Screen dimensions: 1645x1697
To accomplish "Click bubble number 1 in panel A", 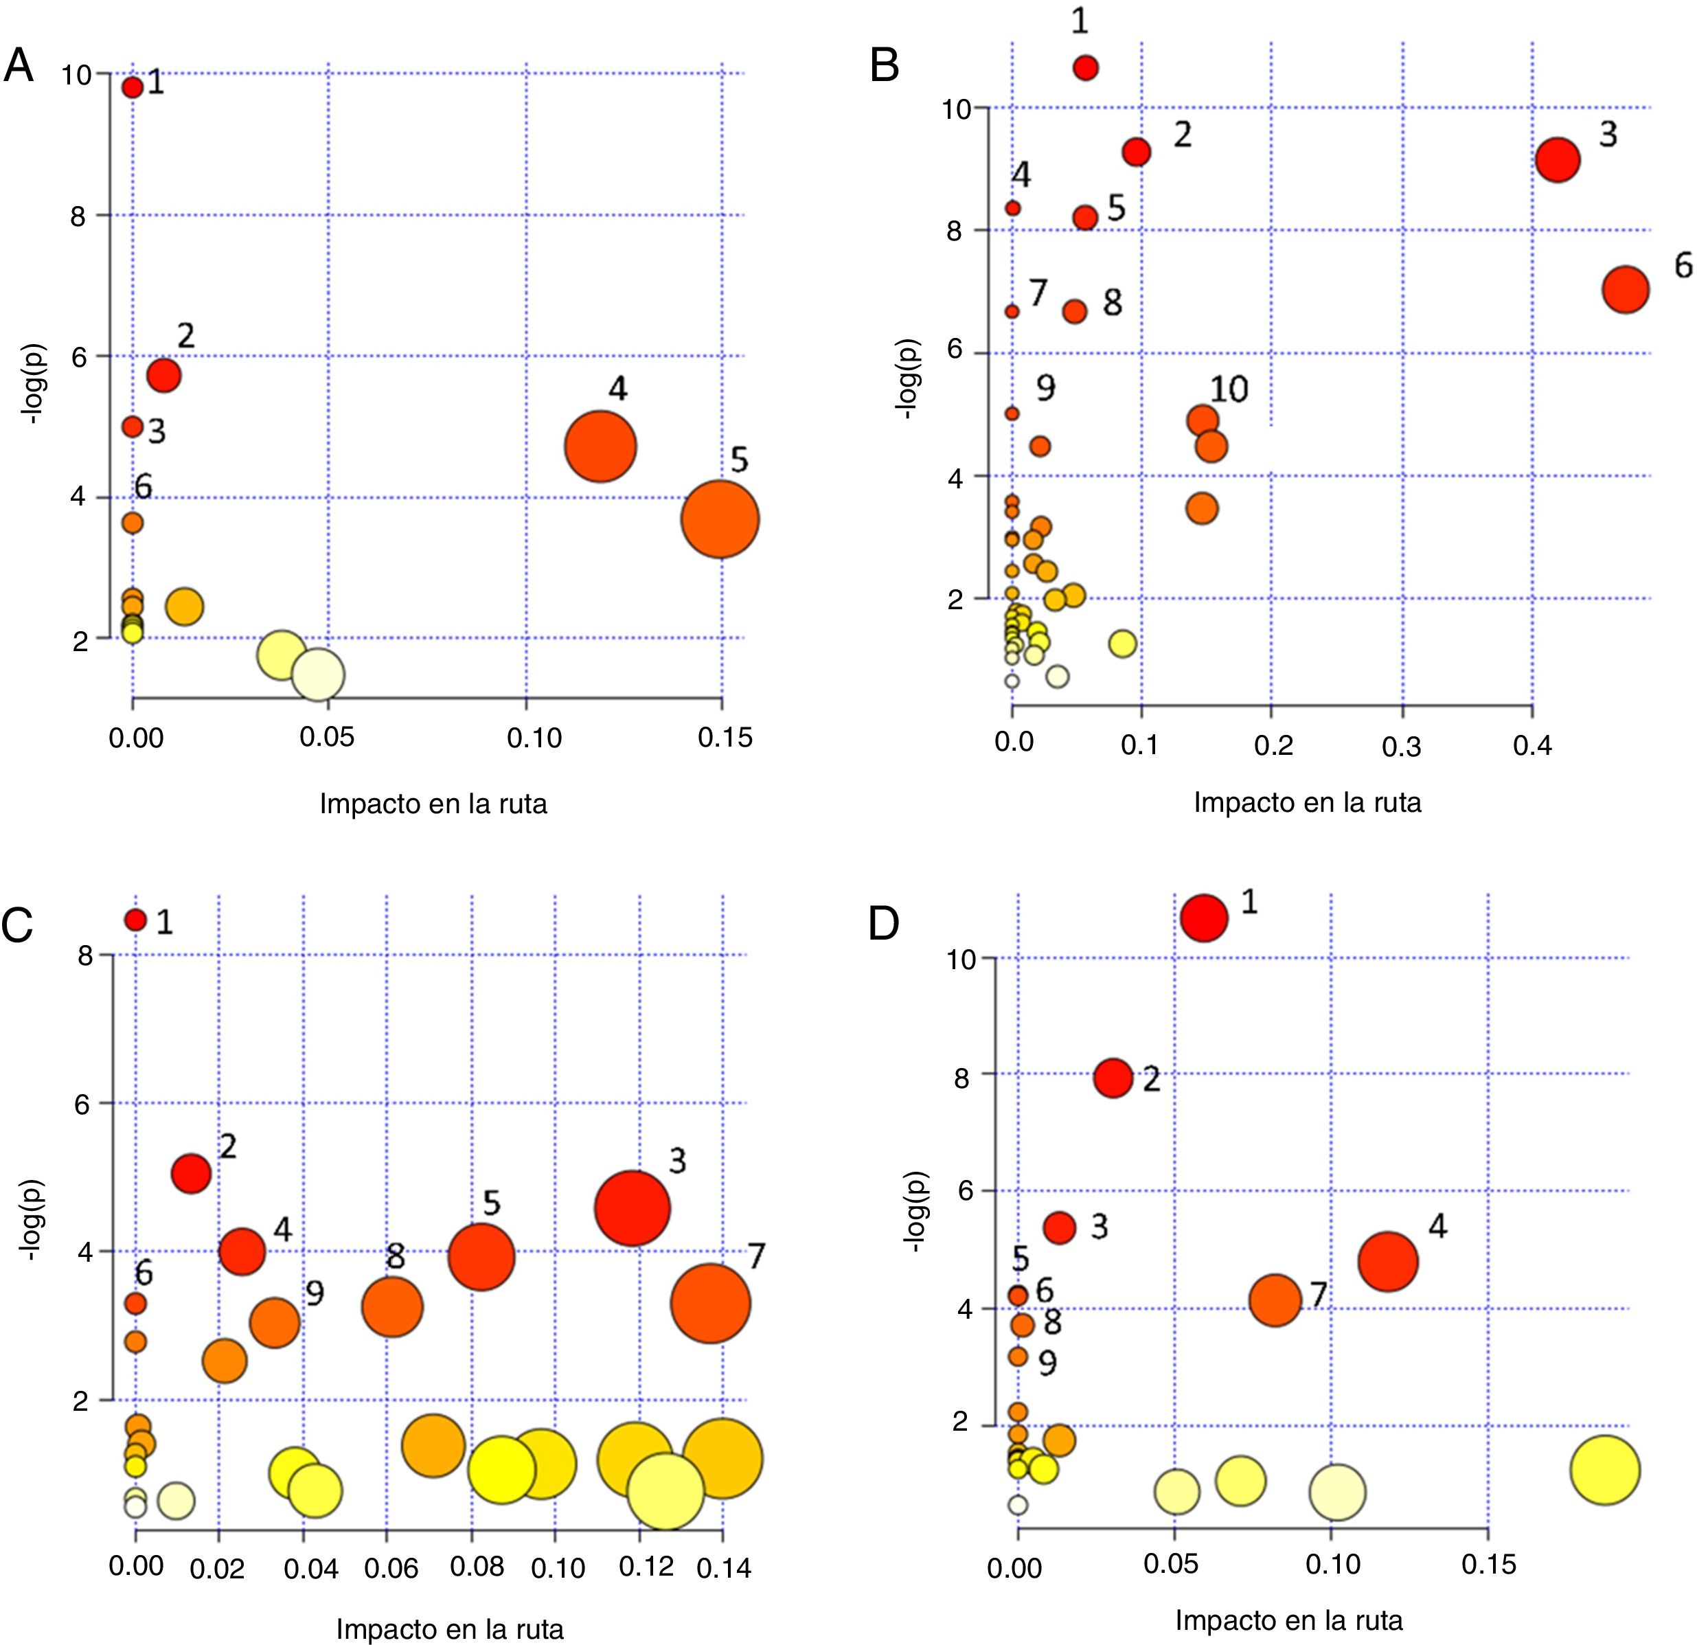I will (133, 87).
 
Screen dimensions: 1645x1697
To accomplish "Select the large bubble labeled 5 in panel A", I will (720, 519).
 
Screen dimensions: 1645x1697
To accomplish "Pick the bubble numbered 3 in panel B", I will (1558, 160).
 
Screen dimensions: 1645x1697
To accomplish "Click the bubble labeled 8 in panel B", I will (1075, 312).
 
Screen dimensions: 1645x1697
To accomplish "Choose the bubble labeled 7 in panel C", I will (710, 1304).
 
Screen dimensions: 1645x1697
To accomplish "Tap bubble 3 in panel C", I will (632, 1210).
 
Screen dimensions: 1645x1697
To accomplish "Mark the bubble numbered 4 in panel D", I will (1388, 1262).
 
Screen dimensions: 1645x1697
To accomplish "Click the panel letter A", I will (19, 66).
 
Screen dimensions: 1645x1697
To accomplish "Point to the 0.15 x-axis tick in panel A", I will (725, 738).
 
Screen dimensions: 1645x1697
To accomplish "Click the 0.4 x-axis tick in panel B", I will (1532, 745).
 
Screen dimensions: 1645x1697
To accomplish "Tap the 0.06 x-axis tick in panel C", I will (391, 1567).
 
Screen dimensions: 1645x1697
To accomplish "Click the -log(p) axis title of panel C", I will (33, 1220).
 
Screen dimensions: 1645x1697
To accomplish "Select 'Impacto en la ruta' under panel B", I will (1308, 803).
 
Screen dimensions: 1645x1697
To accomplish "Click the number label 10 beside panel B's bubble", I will (1229, 389).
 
